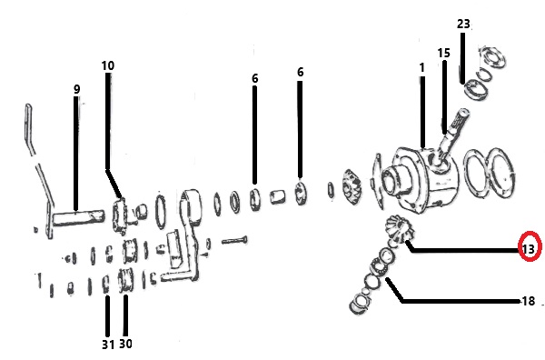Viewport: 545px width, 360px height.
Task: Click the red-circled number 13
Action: coord(528,249)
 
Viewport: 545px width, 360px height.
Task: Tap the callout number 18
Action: coord(529,301)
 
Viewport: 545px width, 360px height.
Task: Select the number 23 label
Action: coord(463,24)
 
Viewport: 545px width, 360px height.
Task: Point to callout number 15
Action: coord(443,53)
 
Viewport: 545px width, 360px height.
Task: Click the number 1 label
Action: coord(422,67)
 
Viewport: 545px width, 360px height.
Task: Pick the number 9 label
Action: coord(77,89)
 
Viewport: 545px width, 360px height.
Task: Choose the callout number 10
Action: coord(108,65)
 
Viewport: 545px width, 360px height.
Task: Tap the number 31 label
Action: coord(108,345)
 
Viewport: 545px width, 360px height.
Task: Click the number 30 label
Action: coord(125,344)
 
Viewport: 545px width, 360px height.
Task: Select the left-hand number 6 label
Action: coord(255,78)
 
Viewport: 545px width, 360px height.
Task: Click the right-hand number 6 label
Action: coord(301,72)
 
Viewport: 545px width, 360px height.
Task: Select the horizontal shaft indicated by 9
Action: coord(78,217)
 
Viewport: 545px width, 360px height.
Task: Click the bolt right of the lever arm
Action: coord(234,240)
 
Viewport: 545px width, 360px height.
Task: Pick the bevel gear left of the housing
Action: coord(352,189)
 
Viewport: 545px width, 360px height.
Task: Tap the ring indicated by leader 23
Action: coord(476,89)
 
